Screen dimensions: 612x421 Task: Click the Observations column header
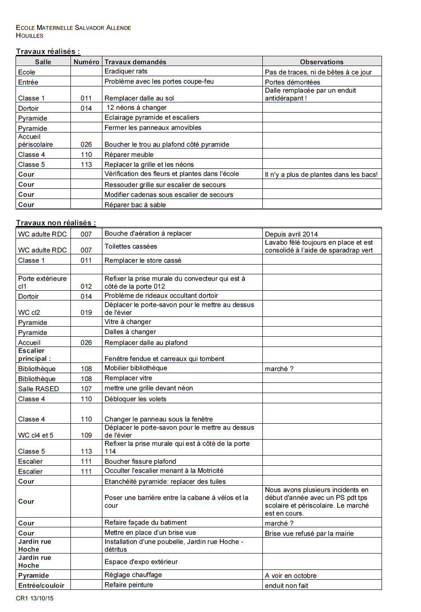pos(321,62)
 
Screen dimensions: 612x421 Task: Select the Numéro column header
pos(86,62)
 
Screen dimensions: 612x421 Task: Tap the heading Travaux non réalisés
pos(56,223)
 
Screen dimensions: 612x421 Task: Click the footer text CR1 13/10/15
pos(35,598)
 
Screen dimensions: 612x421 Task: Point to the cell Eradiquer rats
pos(126,71)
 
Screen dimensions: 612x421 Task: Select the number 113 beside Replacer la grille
pos(86,164)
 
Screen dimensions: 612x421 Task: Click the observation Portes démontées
pos(292,82)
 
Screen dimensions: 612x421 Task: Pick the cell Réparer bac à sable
pos(135,205)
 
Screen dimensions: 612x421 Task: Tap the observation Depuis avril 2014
pos(291,234)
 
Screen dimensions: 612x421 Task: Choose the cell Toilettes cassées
pos(131,246)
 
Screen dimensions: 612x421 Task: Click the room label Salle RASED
pos(39,389)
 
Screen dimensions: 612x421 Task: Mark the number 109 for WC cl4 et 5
pos(86,435)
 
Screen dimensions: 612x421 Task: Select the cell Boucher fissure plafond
pos(140,461)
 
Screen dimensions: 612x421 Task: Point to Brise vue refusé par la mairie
pos(309,534)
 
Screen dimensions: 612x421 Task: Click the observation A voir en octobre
pos(291,576)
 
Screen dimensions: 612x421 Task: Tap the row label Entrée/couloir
pos(41,585)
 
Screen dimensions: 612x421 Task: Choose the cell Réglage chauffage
pos(133,575)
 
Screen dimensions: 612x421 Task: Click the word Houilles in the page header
pos(30,35)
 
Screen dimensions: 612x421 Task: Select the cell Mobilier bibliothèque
pos(136,368)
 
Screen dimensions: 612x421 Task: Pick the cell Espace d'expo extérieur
pos(141,562)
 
